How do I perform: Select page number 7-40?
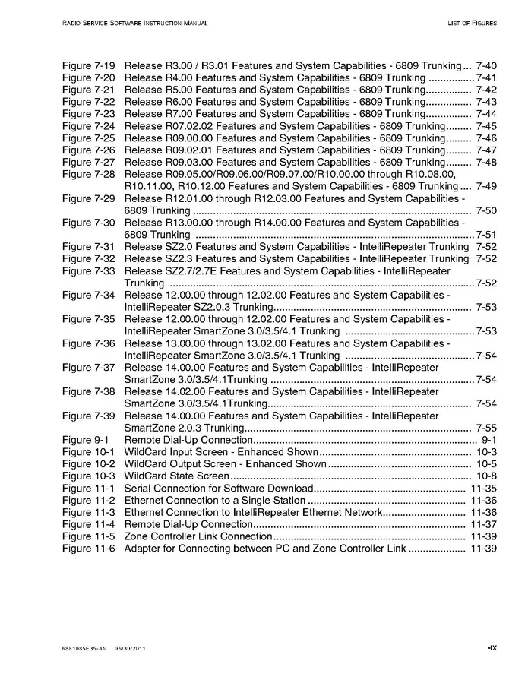pos(485,66)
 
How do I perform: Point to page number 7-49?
pos(485,186)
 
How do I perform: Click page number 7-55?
pos(485,428)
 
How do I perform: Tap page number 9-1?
pos(489,440)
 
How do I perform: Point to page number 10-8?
pos(485,476)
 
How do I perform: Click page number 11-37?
pos(483,524)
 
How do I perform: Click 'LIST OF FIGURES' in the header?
pos(472,24)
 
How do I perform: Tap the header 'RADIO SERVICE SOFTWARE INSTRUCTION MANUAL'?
pos(134,24)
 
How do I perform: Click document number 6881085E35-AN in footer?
pos(84,648)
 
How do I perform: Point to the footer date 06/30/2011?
pos(130,648)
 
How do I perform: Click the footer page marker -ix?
pos(492,647)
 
